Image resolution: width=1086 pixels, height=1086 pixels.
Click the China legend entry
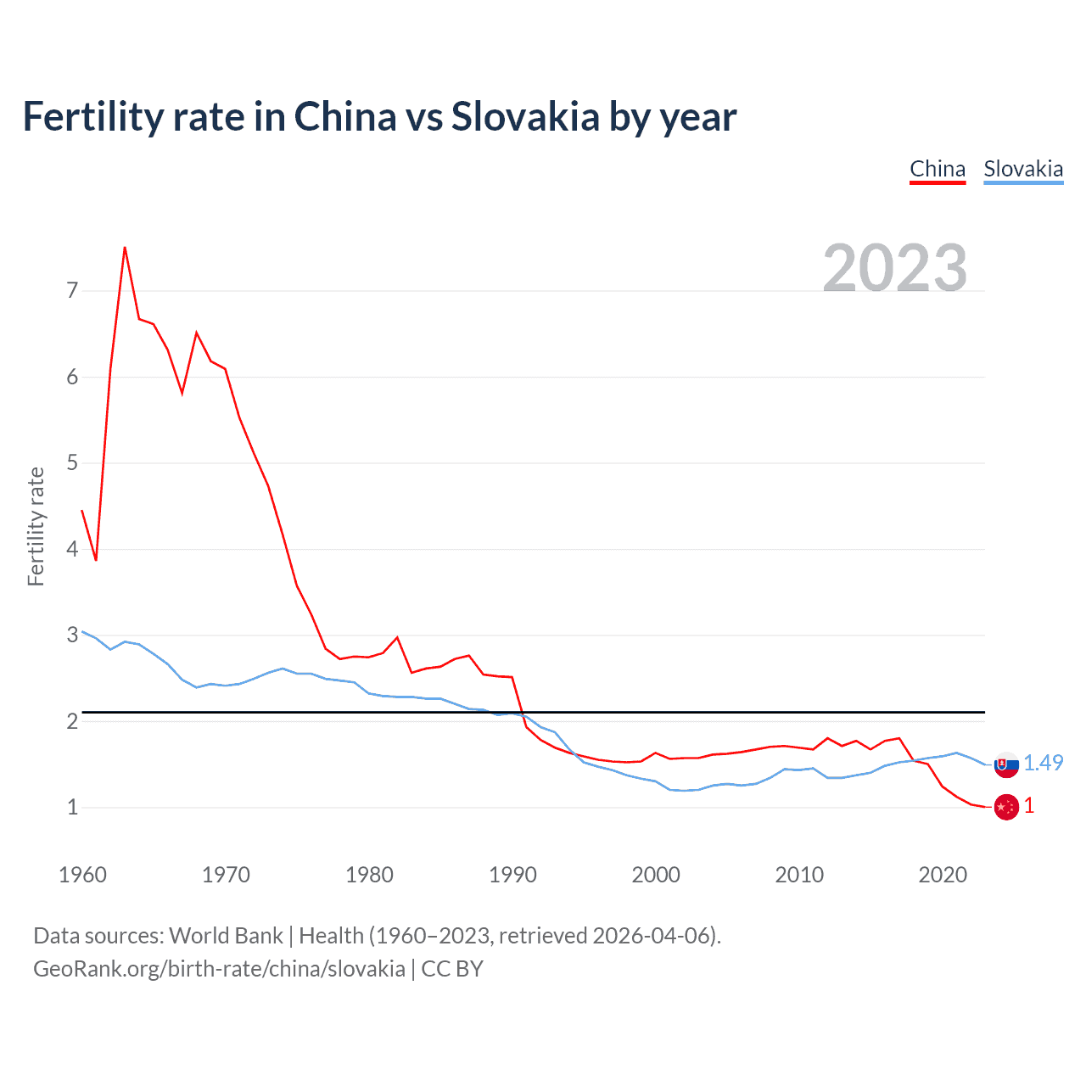point(938,169)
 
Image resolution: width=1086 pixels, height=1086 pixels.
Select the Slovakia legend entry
point(1023,169)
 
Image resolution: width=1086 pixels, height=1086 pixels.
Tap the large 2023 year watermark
point(895,268)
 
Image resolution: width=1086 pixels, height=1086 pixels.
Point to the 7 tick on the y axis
point(72,291)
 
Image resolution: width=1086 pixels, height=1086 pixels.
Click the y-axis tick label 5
point(72,463)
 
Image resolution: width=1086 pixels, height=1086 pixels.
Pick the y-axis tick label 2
point(72,721)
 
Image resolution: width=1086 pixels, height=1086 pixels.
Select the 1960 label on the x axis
point(82,875)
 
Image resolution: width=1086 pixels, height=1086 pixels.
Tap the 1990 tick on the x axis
point(512,875)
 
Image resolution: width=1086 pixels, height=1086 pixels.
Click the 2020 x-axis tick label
point(943,875)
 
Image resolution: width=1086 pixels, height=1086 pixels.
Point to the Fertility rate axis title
point(36,526)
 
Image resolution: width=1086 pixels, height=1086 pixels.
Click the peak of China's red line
point(125,248)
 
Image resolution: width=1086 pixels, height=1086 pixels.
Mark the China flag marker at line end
point(1006,807)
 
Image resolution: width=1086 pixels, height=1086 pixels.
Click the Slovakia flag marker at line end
point(1006,764)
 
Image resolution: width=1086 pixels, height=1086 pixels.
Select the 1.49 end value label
point(1043,763)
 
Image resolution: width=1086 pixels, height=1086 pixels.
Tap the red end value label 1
point(1029,806)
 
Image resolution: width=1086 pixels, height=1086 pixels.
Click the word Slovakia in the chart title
point(525,116)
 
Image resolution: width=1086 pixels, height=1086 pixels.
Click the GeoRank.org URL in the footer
point(219,969)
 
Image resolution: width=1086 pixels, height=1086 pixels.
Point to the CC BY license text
point(452,969)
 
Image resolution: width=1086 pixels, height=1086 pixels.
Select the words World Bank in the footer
point(226,936)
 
